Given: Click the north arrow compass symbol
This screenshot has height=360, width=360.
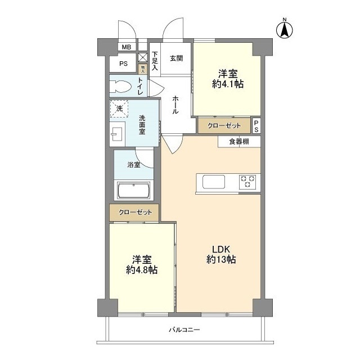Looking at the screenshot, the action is click(285, 29).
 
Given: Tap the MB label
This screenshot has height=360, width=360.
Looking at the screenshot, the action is click(126, 47).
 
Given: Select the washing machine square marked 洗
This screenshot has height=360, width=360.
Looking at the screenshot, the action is click(119, 109).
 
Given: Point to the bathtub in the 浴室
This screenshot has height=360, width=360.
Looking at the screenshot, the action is click(134, 190).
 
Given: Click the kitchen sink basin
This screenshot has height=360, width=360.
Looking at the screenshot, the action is click(214, 182).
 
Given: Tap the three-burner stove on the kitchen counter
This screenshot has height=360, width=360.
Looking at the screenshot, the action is click(247, 182).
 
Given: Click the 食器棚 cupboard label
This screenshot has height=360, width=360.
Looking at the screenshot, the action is click(239, 141).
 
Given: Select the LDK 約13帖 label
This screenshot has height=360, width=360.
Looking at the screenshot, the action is click(221, 254).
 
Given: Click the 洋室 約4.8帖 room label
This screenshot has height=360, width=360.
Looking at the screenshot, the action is click(142, 265).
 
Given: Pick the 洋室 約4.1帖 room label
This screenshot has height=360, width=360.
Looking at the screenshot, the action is click(228, 79).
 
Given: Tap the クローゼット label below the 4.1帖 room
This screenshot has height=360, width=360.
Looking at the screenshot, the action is click(224, 125).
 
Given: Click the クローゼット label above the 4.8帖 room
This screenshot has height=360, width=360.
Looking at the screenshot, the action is click(135, 213).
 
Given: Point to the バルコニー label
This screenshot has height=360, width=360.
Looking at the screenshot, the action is click(184, 330).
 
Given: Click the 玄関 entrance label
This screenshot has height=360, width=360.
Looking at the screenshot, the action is click(176, 58).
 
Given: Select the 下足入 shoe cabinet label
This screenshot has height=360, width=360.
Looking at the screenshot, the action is click(155, 61).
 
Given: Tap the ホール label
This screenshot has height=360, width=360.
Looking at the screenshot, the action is click(175, 105).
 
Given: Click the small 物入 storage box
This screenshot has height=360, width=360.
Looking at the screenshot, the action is click(142, 69).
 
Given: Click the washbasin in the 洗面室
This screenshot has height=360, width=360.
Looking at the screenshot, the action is click(117, 134).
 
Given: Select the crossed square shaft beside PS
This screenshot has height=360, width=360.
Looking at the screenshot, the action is click(142, 57).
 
